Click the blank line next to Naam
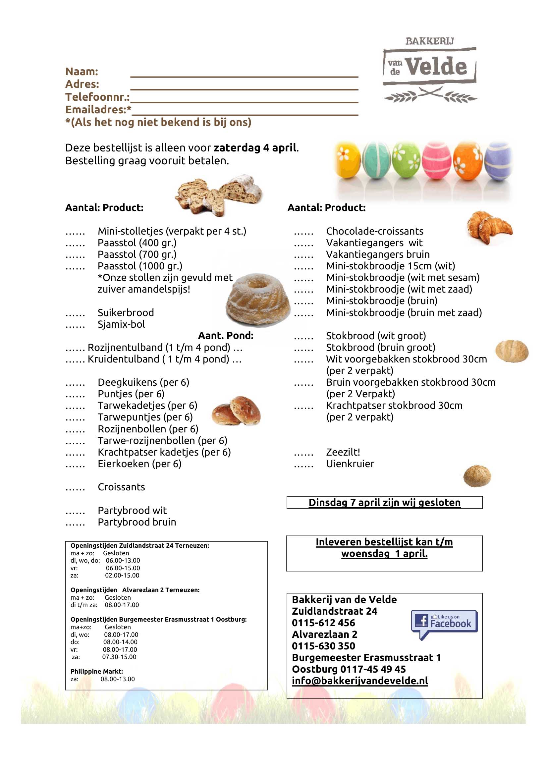[x=244, y=73]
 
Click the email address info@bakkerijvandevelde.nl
[x=360, y=681]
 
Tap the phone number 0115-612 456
[x=323, y=623]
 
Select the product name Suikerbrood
[x=126, y=312]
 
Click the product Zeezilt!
[x=343, y=452]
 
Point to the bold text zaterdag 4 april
[x=255, y=148]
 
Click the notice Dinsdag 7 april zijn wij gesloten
[x=384, y=502]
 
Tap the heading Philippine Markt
[x=96, y=671]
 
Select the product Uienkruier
[x=350, y=464]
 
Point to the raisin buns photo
[x=236, y=411]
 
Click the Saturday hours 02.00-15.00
[x=122, y=576]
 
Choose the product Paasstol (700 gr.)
[x=137, y=254]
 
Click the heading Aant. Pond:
[x=225, y=336]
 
